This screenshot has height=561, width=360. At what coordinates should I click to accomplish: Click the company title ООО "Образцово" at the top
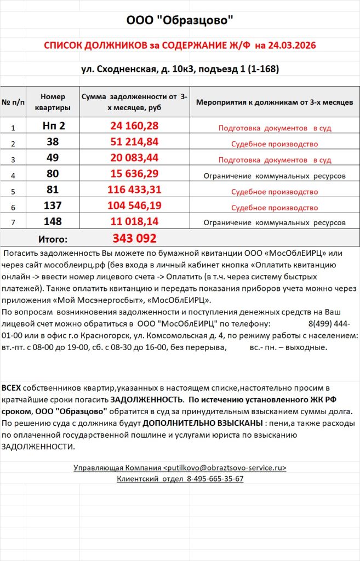pyautogui.click(x=180, y=21)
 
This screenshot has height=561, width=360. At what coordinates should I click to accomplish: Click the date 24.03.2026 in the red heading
pyautogui.click(x=293, y=45)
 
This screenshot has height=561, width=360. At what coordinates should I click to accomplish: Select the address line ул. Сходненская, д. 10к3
pyautogui.click(x=144, y=69)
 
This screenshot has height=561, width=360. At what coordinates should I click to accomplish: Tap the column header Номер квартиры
pyautogui.click(x=53, y=101)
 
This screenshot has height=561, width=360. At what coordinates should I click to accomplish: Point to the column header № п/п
pyautogui.click(x=13, y=102)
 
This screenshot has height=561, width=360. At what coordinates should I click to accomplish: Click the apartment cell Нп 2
pyautogui.click(x=53, y=126)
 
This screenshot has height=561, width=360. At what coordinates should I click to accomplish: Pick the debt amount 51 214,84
pyautogui.click(x=134, y=142)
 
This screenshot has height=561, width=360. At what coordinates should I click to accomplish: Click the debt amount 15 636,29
pyautogui.click(x=134, y=174)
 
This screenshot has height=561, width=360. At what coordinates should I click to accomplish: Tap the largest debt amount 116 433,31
pyautogui.click(x=134, y=190)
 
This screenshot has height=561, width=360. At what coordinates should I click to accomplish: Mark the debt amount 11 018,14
pyautogui.click(x=134, y=222)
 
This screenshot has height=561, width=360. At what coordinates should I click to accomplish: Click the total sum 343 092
pyautogui.click(x=134, y=238)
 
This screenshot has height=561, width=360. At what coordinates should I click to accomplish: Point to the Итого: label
pyautogui.click(x=53, y=239)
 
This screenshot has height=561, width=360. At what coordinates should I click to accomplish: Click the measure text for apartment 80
pyautogui.click(x=275, y=176)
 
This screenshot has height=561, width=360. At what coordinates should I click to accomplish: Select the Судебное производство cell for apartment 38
pyautogui.click(x=275, y=145)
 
